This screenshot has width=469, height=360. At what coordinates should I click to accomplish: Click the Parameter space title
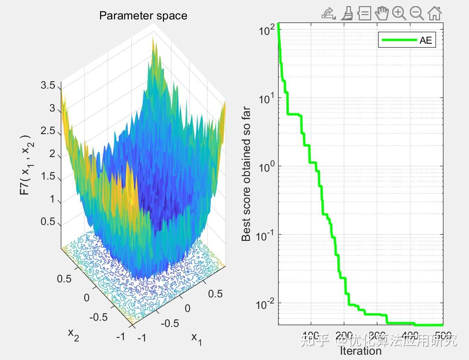pyautogui.click(x=143, y=16)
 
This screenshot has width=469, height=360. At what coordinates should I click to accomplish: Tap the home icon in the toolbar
pyautogui.click(x=435, y=13)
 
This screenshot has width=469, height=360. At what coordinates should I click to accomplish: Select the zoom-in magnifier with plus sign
pyautogui.click(x=399, y=13)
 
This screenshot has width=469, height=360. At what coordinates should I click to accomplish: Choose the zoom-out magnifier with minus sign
pyautogui.click(x=417, y=13)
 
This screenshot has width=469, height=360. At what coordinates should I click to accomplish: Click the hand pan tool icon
pyautogui.click(x=382, y=13)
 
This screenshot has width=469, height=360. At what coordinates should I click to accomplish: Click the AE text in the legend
pyautogui.click(x=426, y=41)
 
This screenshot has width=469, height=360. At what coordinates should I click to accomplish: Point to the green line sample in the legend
pyautogui.click(x=399, y=40)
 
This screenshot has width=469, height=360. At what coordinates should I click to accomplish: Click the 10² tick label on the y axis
pyautogui.click(x=266, y=31)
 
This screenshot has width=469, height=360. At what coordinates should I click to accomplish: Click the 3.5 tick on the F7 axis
pyautogui.click(x=48, y=86)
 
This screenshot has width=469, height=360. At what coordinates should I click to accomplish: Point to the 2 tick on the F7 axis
pyautogui.click(x=52, y=154)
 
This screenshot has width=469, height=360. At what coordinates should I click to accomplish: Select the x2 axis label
pyautogui.click(x=73, y=334)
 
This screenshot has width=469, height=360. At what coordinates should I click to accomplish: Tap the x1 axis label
pyautogui.click(x=197, y=338)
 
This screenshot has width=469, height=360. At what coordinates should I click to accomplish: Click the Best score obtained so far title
pyautogui.click(x=246, y=174)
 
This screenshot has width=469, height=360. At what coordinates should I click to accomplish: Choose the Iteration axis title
pyautogui.click(x=361, y=351)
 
